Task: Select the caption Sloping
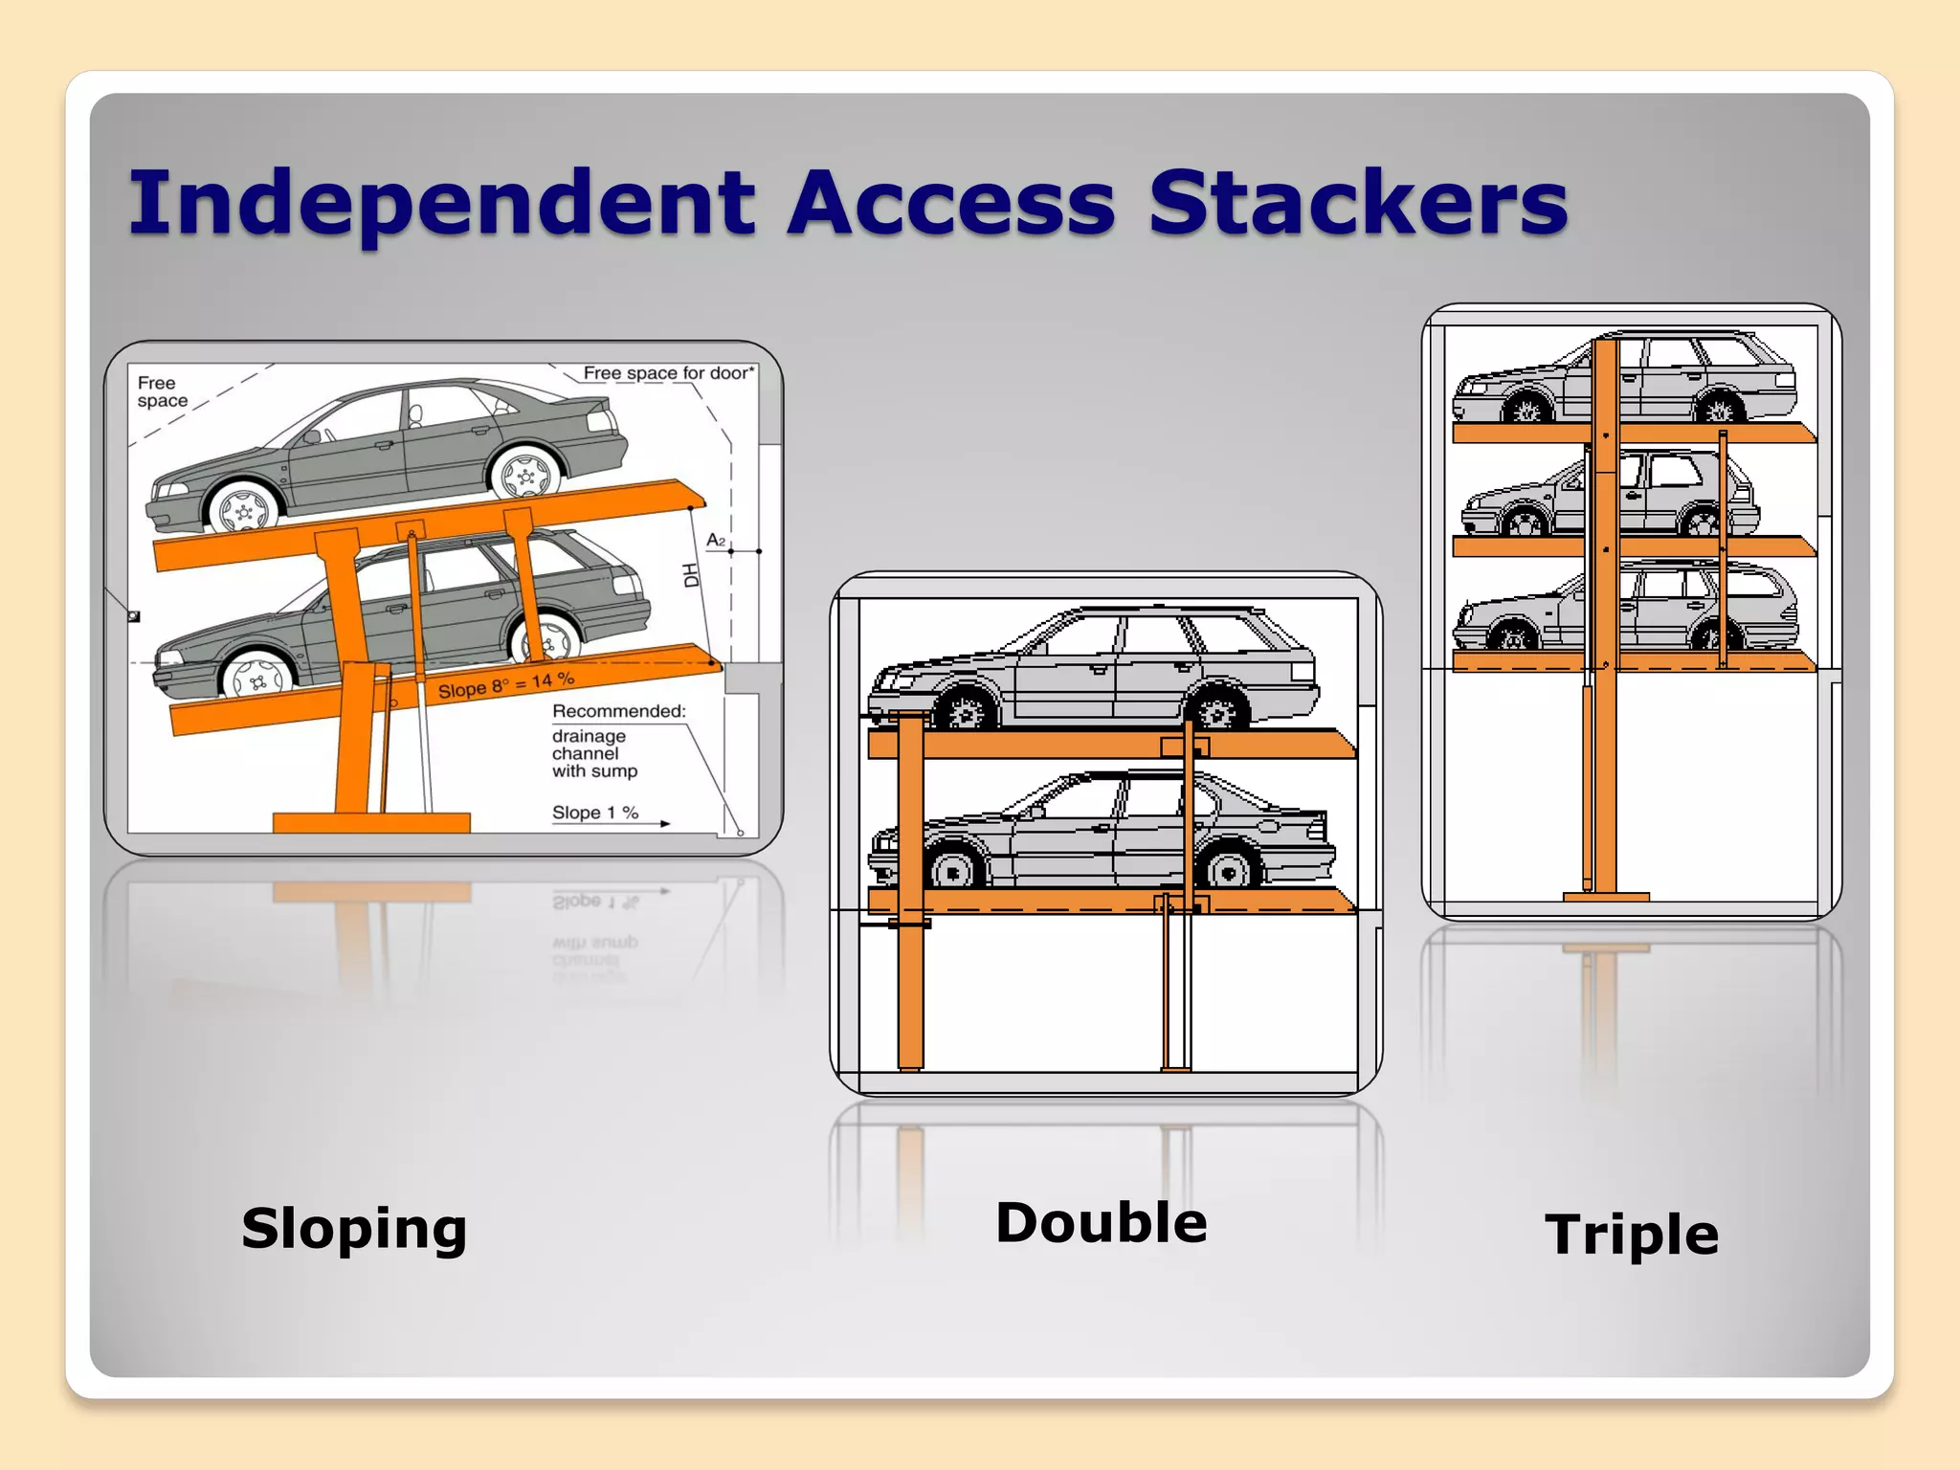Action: (x=354, y=1228)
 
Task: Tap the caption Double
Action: (x=1102, y=1222)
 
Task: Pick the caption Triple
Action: (x=1632, y=1234)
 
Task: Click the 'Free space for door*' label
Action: (x=669, y=373)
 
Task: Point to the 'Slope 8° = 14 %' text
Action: (x=506, y=684)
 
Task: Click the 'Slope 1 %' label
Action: (x=595, y=813)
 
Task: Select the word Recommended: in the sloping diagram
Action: (x=619, y=711)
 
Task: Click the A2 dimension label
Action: (x=716, y=541)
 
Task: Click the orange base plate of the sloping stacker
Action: (x=371, y=822)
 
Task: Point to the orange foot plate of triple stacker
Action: (x=1606, y=897)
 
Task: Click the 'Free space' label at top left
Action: (x=162, y=391)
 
